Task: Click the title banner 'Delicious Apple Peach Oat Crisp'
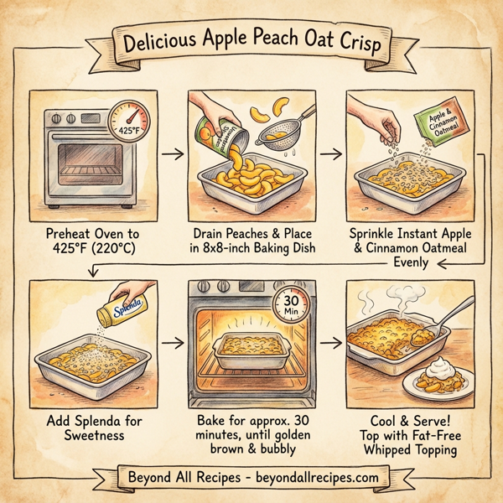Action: click(251, 43)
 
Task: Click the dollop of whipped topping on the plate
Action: click(439, 370)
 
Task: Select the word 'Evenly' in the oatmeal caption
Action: click(410, 262)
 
